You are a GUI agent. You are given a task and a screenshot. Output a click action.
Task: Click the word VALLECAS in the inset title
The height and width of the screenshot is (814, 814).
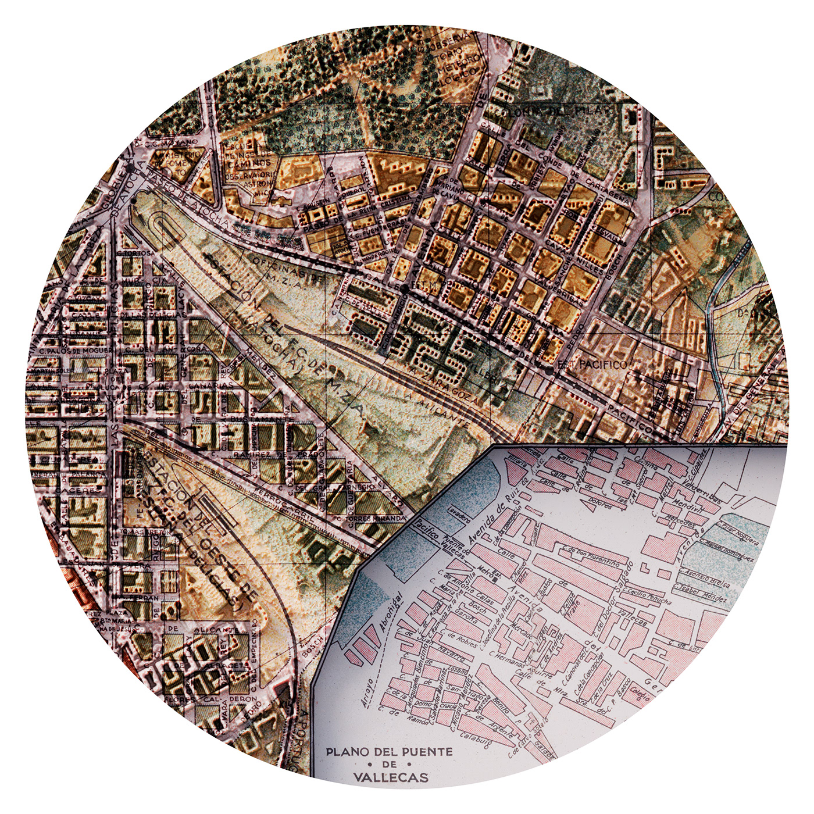[x=390, y=777]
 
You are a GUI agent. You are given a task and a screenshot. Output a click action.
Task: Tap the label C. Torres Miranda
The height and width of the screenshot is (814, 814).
[x=367, y=518]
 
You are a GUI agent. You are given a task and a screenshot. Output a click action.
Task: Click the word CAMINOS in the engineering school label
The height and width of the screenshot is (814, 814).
[x=249, y=164]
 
